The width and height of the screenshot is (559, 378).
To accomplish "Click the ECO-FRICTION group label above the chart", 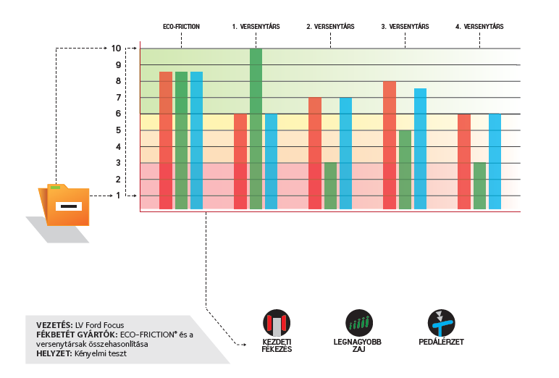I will point(181,27).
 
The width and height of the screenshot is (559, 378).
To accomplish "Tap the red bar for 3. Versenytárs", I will point(390,145).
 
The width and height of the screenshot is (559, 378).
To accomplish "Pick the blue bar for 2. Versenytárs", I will point(346,154).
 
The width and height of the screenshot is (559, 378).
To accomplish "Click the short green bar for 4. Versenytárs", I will point(479,186).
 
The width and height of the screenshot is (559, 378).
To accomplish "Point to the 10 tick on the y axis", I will point(116,49).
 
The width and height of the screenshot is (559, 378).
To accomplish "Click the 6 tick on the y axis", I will point(117,114).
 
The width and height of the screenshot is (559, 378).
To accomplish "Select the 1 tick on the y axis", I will point(117,196).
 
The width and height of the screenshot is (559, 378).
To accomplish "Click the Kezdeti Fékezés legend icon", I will point(276,322).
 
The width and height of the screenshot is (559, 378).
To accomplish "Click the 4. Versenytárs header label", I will point(479,27).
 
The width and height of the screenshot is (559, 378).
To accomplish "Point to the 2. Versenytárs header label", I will point(330,27).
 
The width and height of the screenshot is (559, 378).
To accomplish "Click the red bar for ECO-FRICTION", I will point(166,140).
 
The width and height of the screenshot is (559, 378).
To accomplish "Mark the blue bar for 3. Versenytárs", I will point(420,148).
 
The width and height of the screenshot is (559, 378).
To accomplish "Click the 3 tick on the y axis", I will point(117,163).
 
